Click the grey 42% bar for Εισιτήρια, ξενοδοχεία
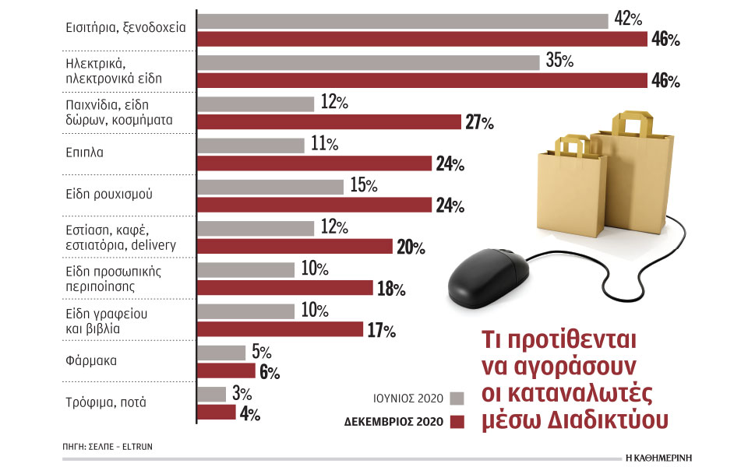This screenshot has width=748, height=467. tap(402, 21)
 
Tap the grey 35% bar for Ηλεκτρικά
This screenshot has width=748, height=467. tap(368, 62)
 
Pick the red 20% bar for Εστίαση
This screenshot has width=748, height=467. tap(295, 247)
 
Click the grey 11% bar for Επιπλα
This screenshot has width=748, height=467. tap(251, 146)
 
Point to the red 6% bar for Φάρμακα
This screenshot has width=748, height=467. tap(226, 370)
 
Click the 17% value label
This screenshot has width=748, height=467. tap(381, 330)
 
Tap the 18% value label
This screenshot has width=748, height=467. tap(390, 289)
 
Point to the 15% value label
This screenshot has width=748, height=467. tap(362, 186)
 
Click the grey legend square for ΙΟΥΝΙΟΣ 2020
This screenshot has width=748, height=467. tap(457, 399)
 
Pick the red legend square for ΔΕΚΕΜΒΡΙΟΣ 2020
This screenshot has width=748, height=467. tap(457, 422)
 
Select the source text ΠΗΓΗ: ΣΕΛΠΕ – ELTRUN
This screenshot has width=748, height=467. tap(114, 447)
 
